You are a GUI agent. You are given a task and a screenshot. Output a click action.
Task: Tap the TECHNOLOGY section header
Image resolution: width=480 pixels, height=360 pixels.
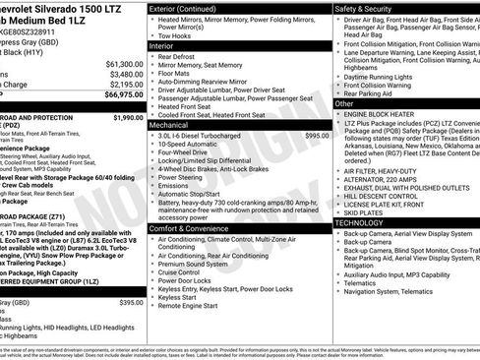click(366, 222)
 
